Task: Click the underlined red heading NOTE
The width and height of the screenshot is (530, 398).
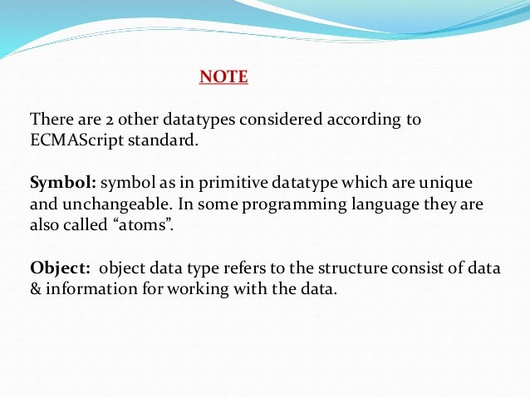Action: [223, 77]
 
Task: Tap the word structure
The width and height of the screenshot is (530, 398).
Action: [331, 268]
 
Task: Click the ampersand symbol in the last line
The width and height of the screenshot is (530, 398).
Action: [35, 290]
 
